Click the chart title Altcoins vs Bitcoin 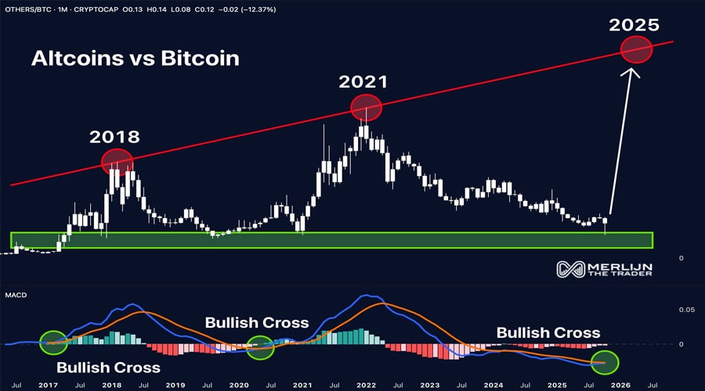pyautogui.click(x=135, y=58)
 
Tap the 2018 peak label pyautogui.click(x=114, y=137)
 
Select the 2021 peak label pyautogui.click(x=364, y=81)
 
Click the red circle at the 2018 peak pyautogui.click(x=117, y=161)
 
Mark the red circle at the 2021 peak pyautogui.click(x=366, y=107)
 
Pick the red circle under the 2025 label pyautogui.click(x=636, y=51)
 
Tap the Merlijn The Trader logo pyautogui.click(x=604, y=270)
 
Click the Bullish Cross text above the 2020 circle pyautogui.click(x=257, y=322)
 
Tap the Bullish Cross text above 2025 pyautogui.click(x=548, y=332)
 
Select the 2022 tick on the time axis pyautogui.click(x=366, y=385)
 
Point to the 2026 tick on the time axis pyautogui.click(x=620, y=385)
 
